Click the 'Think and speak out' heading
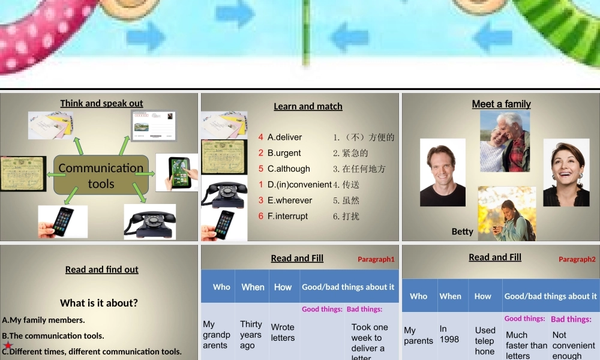[101, 103]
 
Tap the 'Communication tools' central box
[101, 176]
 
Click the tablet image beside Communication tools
[178, 172]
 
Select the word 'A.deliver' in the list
[284, 137]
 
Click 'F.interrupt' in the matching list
[287, 216]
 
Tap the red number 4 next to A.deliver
[261, 137]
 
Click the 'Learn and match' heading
[308, 106]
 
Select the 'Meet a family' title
[501, 104]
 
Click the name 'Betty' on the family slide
[463, 232]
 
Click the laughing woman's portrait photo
[566, 172]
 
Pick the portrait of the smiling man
[443, 172]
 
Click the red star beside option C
[8, 346]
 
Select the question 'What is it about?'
[99, 303]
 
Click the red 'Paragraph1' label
[376, 259]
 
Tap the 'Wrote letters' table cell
[283, 332]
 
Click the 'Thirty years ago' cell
[251, 335]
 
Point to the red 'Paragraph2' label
[577, 259]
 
